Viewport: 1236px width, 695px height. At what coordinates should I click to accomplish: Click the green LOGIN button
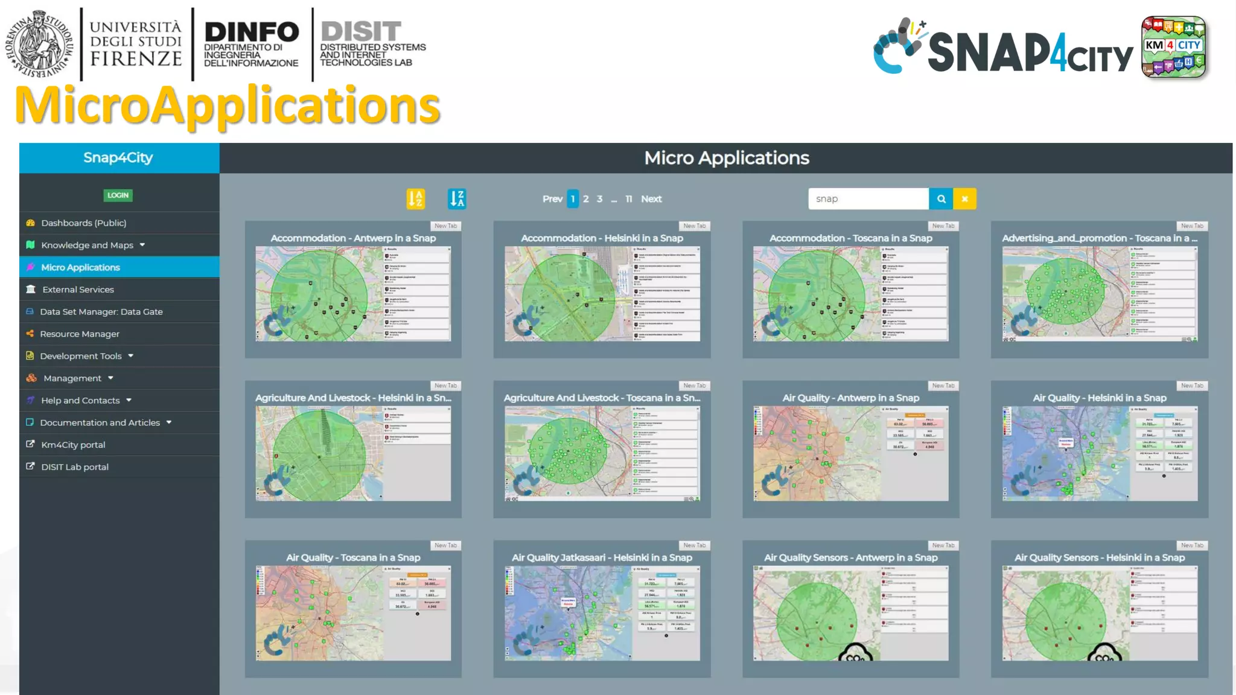click(118, 195)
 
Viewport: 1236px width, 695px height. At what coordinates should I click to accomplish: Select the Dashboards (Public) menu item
click(83, 223)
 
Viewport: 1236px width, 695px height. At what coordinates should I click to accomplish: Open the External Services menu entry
click(78, 290)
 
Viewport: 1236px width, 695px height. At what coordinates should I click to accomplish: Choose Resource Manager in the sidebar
click(79, 334)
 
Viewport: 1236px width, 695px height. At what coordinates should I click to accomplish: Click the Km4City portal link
click(72, 445)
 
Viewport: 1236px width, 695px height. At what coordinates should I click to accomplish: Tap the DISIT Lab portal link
click(74, 467)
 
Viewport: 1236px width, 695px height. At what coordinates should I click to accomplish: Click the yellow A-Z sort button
click(415, 199)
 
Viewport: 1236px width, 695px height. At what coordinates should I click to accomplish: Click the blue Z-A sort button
click(457, 199)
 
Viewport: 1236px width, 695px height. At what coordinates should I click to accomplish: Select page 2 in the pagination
click(585, 199)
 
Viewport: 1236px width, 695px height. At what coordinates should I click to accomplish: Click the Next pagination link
click(651, 199)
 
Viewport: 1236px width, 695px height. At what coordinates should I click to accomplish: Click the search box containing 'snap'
click(867, 199)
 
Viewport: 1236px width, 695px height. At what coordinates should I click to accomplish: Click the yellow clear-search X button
click(964, 199)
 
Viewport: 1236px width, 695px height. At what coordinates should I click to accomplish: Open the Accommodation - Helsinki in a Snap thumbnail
click(602, 294)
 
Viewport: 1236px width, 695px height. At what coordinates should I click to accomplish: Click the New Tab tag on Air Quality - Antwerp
click(943, 386)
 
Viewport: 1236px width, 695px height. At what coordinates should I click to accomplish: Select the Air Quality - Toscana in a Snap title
click(353, 558)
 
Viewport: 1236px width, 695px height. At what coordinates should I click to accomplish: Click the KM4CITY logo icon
click(1174, 47)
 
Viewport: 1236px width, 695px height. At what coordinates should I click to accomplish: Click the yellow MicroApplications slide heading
click(228, 105)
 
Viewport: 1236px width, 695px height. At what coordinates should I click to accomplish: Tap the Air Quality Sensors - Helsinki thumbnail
click(1100, 613)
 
